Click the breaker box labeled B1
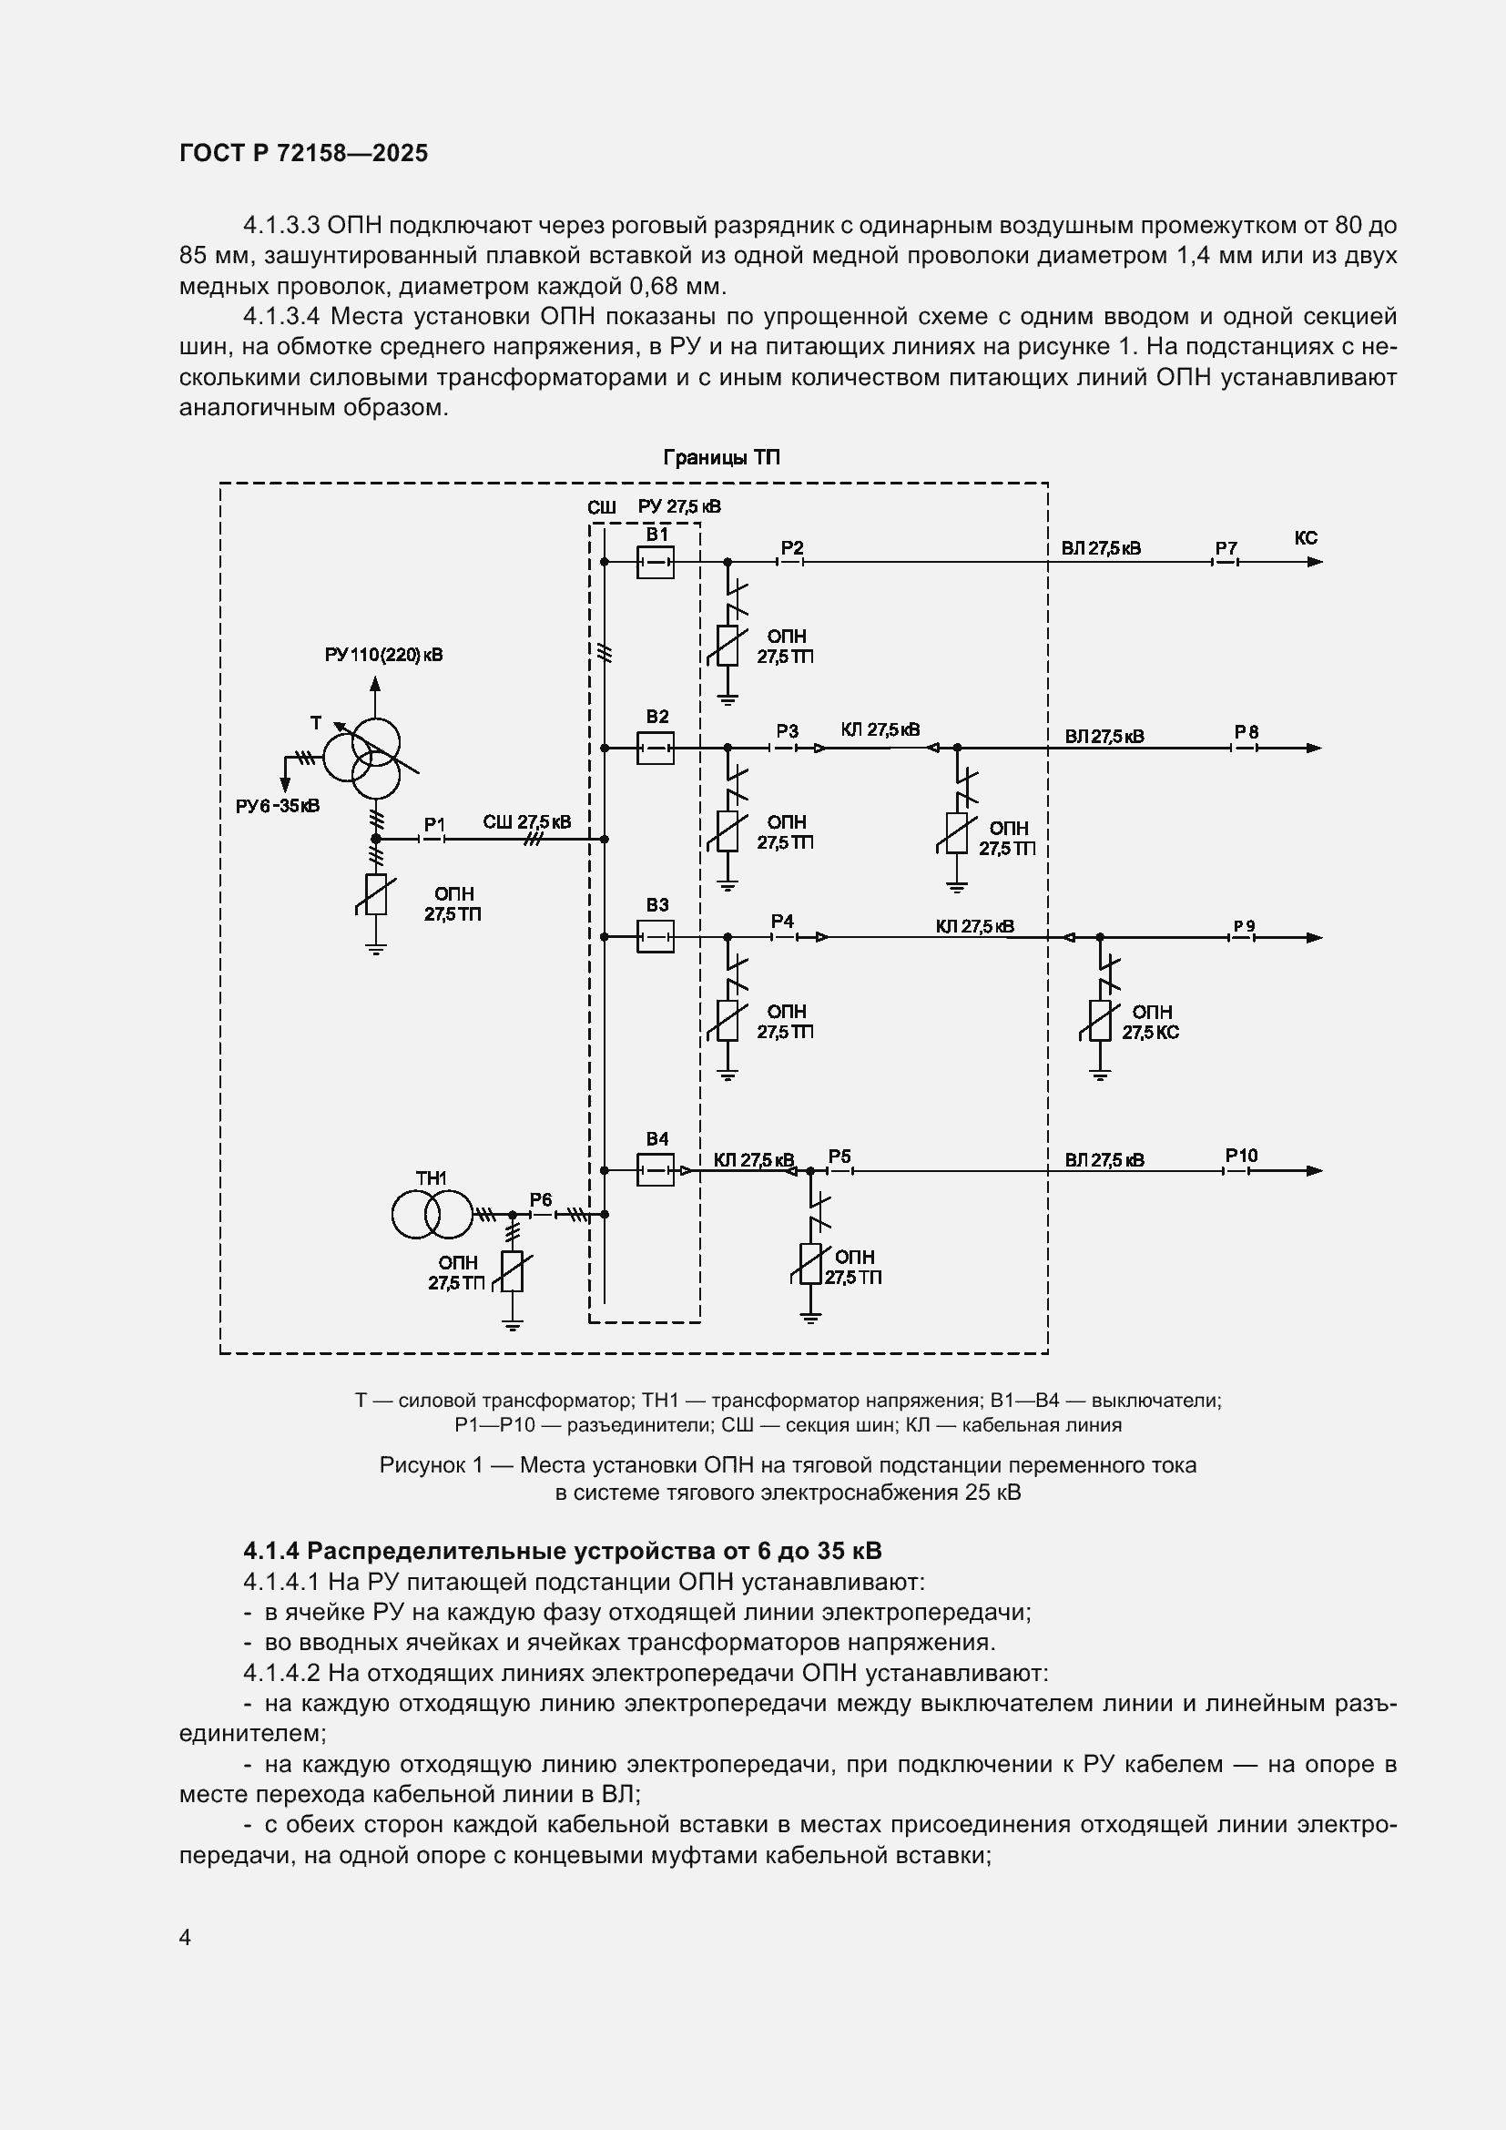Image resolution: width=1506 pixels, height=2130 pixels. (655, 562)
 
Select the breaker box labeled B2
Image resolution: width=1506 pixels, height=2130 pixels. (655, 748)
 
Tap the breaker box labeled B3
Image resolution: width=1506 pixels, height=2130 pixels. (655, 937)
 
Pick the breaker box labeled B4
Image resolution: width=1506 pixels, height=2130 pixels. (655, 1171)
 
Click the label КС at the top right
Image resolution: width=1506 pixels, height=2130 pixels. (1306, 538)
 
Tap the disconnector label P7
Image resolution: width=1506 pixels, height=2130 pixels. (1226, 548)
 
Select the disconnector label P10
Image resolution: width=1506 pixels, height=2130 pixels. (1241, 1156)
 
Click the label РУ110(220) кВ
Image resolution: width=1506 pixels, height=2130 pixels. (384, 655)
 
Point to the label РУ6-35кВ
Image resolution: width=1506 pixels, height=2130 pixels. (278, 806)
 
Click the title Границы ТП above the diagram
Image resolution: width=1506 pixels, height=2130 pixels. (720, 458)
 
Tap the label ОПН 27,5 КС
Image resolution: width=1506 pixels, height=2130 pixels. (1151, 1023)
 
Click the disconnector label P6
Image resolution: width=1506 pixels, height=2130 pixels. (541, 1199)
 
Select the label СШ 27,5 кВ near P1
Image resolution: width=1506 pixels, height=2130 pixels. (526, 822)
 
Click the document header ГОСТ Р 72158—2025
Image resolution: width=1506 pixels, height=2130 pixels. (304, 153)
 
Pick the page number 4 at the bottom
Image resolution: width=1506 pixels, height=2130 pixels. (186, 1938)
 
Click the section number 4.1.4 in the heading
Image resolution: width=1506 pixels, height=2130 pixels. (271, 1551)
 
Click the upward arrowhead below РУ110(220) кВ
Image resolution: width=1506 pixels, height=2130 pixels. (375, 684)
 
